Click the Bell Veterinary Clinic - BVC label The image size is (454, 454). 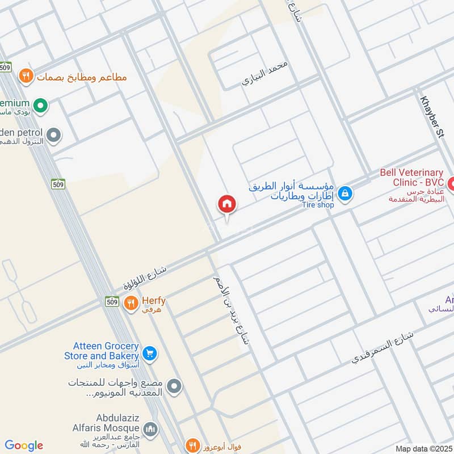click(411, 177)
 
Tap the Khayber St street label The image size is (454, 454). click(431, 116)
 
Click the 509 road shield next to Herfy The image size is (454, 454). click(112, 302)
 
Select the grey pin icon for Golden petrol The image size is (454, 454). click(54, 135)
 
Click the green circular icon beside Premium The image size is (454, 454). click(40, 105)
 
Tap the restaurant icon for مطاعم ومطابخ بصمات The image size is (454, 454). click(25, 75)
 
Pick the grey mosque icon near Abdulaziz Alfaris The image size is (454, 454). click(150, 428)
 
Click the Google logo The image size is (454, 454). click(24, 445)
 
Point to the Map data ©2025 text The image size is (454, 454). click(423, 448)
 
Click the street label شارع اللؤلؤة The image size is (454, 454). click(145, 278)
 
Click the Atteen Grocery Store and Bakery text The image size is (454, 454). click(106, 351)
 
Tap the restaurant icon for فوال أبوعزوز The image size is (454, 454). click(193, 445)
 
